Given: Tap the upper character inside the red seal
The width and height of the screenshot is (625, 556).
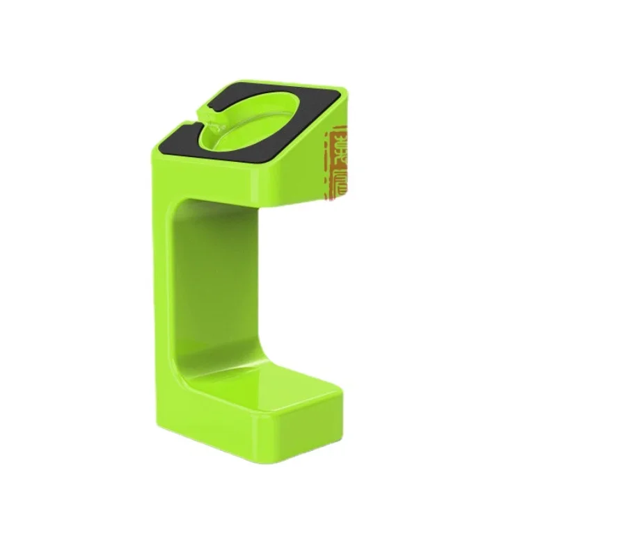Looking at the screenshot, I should [340, 147].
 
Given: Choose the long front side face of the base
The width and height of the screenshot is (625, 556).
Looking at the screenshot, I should [209, 431].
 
